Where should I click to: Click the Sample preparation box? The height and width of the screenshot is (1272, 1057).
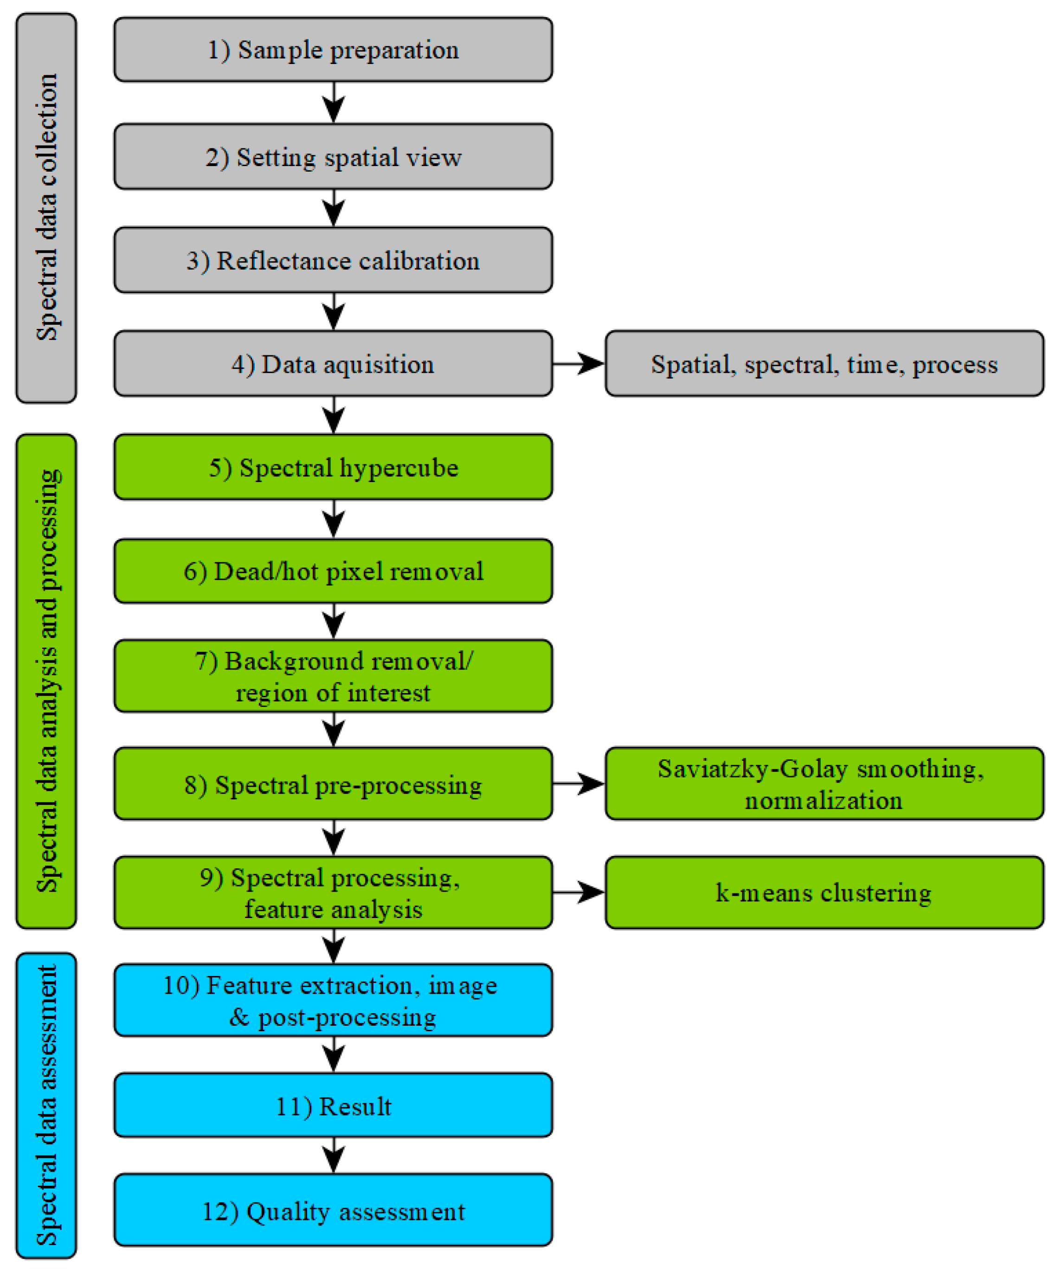tap(333, 50)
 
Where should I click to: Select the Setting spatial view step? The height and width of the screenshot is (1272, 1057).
tap(333, 157)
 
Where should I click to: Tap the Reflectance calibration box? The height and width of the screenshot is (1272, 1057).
tap(333, 260)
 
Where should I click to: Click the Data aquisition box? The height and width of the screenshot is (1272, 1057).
tap(333, 364)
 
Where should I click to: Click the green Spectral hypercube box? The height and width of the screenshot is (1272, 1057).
tap(333, 468)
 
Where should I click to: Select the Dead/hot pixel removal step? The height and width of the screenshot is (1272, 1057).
tap(333, 571)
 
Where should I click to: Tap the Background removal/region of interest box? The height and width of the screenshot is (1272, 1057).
tap(333, 676)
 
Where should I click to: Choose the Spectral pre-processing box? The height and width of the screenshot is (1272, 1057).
tap(333, 784)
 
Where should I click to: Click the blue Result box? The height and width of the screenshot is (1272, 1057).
tap(333, 1106)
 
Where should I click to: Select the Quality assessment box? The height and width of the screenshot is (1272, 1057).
tap(333, 1211)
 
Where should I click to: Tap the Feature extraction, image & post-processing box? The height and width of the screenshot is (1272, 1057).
tap(333, 1001)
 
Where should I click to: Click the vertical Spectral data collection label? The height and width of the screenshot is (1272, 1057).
tap(47, 207)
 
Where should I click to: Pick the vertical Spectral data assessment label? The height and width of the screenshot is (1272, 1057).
tap(47, 1106)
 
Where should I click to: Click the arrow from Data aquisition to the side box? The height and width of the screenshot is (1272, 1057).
tap(579, 364)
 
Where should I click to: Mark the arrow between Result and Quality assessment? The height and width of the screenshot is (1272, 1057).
tap(334, 1156)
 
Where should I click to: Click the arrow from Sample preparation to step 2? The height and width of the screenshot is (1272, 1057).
tap(334, 103)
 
